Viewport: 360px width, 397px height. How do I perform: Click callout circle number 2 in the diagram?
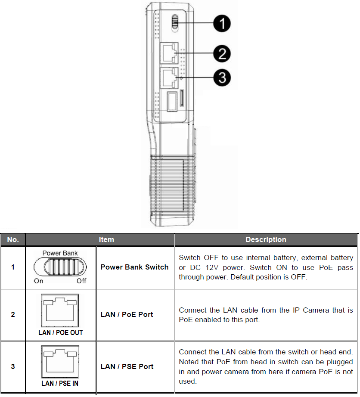(x=222, y=54)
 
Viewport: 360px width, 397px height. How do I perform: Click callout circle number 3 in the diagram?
(x=222, y=78)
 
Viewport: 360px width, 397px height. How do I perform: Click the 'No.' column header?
(x=13, y=239)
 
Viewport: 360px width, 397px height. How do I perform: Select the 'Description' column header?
(x=266, y=239)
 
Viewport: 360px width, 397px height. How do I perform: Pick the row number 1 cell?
(x=13, y=267)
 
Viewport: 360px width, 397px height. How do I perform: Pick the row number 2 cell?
(x=13, y=315)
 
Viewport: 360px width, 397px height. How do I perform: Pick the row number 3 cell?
(x=13, y=367)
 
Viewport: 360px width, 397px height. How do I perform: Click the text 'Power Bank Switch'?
(x=134, y=267)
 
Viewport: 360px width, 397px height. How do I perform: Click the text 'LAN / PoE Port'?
(x=127, y=314)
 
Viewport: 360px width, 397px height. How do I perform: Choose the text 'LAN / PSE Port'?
(x=127, y=366)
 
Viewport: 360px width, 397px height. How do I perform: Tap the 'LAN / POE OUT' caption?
(x=61, y=332)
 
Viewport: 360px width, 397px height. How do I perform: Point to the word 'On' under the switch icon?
(x=39, y=281)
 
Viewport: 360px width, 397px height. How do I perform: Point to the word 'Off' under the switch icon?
(x=81, y=281)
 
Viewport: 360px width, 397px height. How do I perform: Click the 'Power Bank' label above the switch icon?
(x=60, y=253)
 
